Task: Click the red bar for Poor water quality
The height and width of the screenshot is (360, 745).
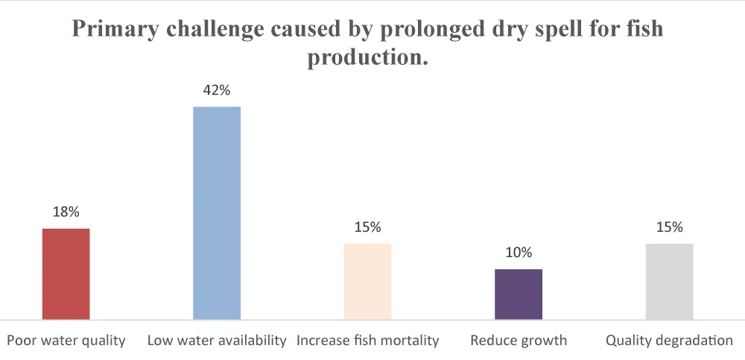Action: (x=66, y=274)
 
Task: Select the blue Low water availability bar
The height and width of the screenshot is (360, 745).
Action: (x=217, y=213)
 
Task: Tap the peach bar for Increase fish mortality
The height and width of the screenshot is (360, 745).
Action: (x=367, y=282)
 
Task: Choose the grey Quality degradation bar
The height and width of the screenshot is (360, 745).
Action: (x=669, y=282)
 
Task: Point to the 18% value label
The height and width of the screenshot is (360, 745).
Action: (x=66, y=212)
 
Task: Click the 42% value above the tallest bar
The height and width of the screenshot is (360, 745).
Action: (x=217, y=90)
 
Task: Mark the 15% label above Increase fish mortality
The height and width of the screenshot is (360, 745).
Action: (x=367, y=227)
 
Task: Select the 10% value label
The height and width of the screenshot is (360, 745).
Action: (x=519, y=252)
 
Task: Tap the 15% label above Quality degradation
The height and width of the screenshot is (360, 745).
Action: (x=669, y=227)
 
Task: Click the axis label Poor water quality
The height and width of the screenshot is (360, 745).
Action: (x=66, y=341)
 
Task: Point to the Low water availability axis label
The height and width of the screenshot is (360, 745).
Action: (x=217, y=341)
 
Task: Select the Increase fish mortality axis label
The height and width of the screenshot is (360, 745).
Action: (x=368, y=341)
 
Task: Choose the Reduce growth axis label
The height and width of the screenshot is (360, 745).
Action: (x=519, y=341)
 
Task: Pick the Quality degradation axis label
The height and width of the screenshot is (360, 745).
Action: (x=669, y=341)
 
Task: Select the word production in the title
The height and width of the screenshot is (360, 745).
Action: (x=367, y=57)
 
